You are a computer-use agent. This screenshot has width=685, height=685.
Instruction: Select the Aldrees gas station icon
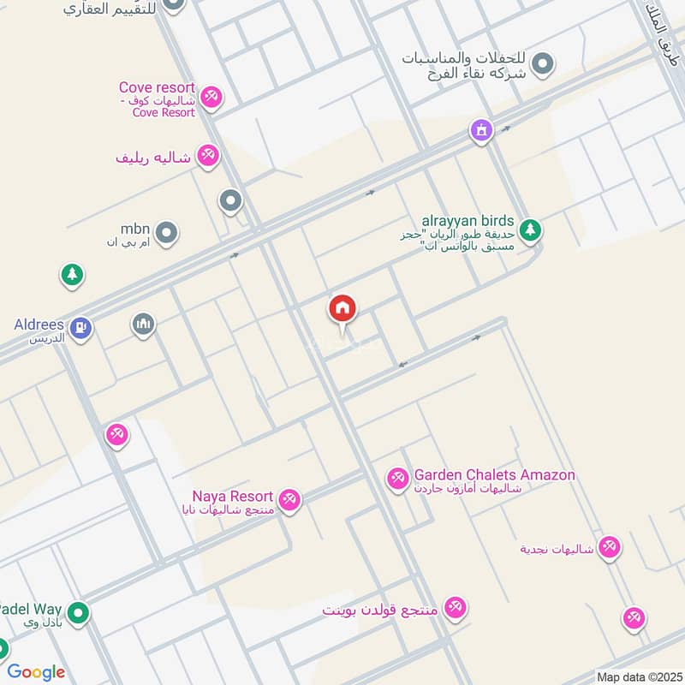coord(81,326)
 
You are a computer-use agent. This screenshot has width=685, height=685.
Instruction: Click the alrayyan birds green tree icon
coord(531,229)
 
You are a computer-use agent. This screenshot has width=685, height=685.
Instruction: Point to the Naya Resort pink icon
coord(290,500)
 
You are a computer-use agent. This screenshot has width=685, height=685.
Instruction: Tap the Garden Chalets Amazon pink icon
coord(397,478)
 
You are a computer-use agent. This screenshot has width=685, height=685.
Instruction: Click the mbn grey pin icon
coord(167,231)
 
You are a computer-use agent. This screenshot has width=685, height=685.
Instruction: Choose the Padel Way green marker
coord(79,613)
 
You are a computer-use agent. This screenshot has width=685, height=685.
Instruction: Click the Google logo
coord(36,672)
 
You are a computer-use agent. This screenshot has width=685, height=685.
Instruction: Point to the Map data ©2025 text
coord(638,677)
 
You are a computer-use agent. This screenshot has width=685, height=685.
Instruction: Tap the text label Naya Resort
coord(232,497)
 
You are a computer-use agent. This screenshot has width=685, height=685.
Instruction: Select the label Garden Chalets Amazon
coord(494,475)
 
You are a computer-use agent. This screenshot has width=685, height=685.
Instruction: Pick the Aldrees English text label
coord(39,325)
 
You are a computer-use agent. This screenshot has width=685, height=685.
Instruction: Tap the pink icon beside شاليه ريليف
coord(207,156)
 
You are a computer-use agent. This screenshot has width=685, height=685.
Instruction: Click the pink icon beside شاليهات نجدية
coord(609,545)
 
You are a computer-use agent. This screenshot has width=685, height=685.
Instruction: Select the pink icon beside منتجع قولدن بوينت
coord(456,608)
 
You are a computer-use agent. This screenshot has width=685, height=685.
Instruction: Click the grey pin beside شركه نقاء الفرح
coord(542,63)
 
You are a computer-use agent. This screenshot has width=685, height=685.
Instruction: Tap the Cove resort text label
coord(158,88)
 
